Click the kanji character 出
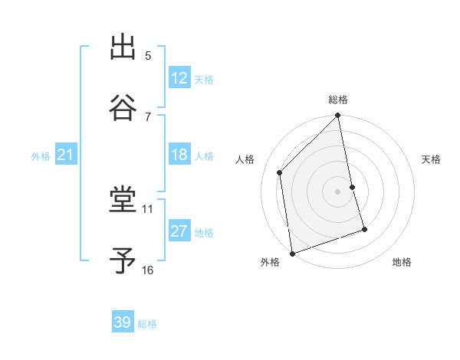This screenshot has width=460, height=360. (123, 47)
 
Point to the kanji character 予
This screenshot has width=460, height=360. (123, 261)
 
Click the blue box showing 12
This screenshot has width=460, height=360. (179, 78)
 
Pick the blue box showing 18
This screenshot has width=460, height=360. (179, 155)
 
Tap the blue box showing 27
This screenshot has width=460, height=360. (179, 231)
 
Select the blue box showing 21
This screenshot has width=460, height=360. (65, 155)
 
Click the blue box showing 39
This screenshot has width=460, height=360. (123, 322)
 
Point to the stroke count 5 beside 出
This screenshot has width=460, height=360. (148, 55)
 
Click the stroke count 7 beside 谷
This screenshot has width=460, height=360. (148, 116)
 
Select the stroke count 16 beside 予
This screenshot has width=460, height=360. (148, 270)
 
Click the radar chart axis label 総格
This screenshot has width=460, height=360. (338, 100)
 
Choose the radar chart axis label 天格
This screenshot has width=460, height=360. (431, 159)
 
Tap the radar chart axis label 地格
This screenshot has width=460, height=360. (402, 263)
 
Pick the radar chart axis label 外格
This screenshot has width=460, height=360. (270, 263)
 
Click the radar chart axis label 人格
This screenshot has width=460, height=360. (245, 159)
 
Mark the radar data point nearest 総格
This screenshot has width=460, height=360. (338, 116)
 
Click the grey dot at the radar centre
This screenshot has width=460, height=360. (338, 191)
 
